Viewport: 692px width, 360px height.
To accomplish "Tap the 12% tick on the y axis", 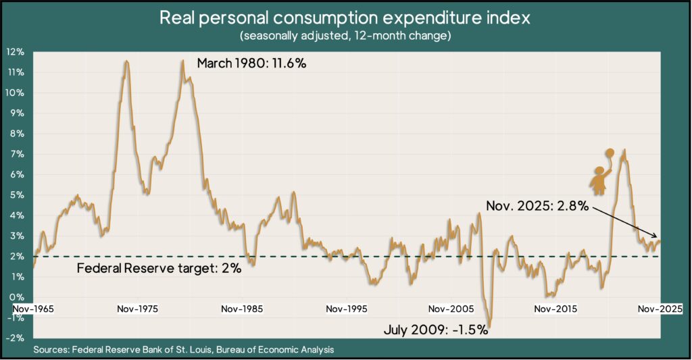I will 16,52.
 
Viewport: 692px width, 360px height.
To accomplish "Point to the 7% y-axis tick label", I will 18,154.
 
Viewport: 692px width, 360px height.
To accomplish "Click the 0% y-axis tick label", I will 18,297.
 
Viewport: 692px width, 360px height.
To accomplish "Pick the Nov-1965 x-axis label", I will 33,309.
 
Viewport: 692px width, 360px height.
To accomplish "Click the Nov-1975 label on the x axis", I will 138,309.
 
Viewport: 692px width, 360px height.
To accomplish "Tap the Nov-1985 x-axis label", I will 242,309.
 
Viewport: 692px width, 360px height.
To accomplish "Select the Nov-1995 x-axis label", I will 347,309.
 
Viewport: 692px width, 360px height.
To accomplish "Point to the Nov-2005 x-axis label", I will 451,309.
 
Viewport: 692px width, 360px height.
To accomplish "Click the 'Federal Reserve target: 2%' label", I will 159,269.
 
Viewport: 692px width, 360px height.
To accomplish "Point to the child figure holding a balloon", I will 599,178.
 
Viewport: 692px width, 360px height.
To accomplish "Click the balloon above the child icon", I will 610,153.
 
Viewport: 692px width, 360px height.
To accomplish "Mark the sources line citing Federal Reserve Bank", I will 183,349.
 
